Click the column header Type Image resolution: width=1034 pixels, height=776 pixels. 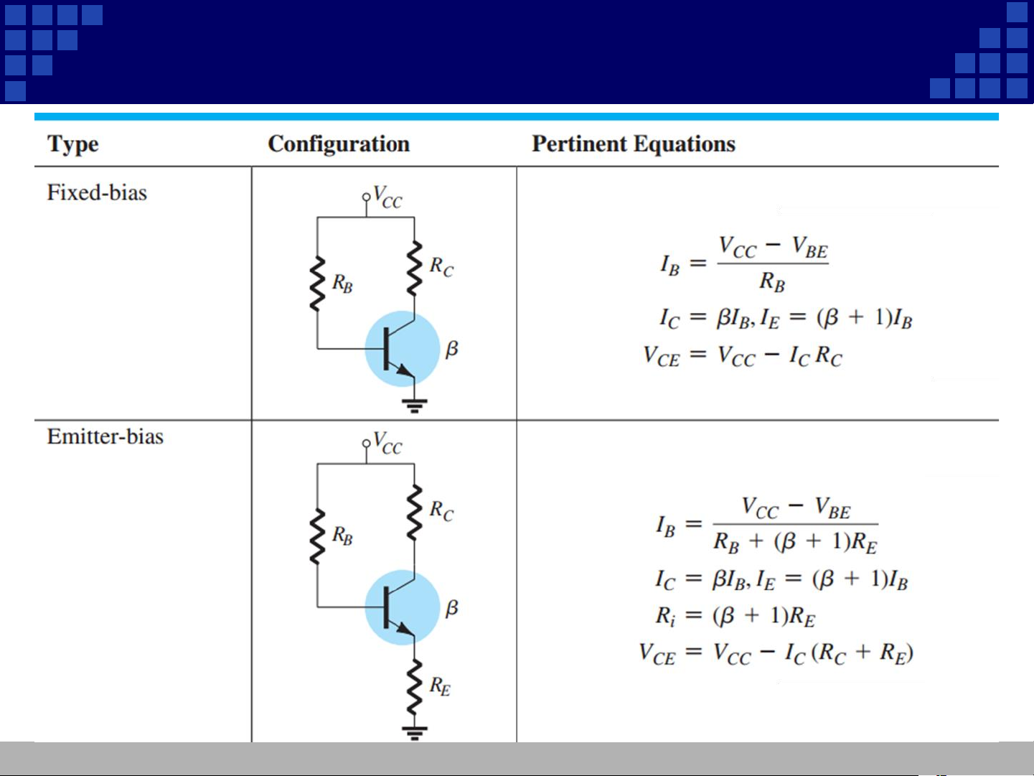(x=72, y=144)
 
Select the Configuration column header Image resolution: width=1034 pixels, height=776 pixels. (x=339, y=144)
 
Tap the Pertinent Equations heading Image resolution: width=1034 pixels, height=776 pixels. (x=634, y=144)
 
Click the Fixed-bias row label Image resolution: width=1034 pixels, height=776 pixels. (x=97, y=192)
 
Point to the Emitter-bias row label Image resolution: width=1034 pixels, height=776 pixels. (x=105, y=436)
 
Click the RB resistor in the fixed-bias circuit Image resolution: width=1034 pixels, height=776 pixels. (x=317, y=284)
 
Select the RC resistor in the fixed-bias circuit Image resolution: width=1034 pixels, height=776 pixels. (x=414, y=268)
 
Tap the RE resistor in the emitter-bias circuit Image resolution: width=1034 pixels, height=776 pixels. (x=414, y=688)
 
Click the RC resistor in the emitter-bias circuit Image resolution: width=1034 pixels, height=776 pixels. (x=414, y=512)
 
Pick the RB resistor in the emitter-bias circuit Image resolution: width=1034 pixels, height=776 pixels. (x=317, y=536)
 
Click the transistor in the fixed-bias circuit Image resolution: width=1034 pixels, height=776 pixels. (x=401, y=349)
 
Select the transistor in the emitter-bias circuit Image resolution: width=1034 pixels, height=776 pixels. (x=401, y=607)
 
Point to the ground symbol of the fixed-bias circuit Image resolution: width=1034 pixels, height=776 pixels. (x=415, y=405)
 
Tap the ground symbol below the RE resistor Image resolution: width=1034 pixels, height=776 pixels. (x=415, y=732)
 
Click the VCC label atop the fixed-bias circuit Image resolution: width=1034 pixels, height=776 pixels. (x=387, y=197)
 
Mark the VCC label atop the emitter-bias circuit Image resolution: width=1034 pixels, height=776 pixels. (x=387, y=442)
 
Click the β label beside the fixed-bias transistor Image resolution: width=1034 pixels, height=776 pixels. (x=451, y=350)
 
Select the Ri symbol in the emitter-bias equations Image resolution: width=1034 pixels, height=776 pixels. (x=665, y=616)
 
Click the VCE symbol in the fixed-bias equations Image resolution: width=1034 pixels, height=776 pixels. (x=661, y=356)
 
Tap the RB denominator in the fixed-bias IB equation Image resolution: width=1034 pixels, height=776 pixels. (x=772, y=282)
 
